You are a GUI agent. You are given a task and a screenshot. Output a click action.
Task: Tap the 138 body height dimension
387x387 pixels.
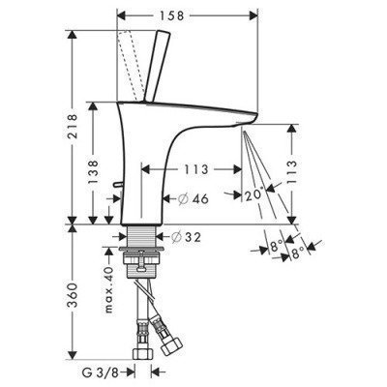pyautogui.click(x=94, y=172)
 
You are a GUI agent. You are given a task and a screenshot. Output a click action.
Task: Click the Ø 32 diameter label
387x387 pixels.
pyautogui.click(x=187, y=237)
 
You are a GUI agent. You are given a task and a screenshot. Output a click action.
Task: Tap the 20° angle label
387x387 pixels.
pyautogui.click(x=254, y=195)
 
